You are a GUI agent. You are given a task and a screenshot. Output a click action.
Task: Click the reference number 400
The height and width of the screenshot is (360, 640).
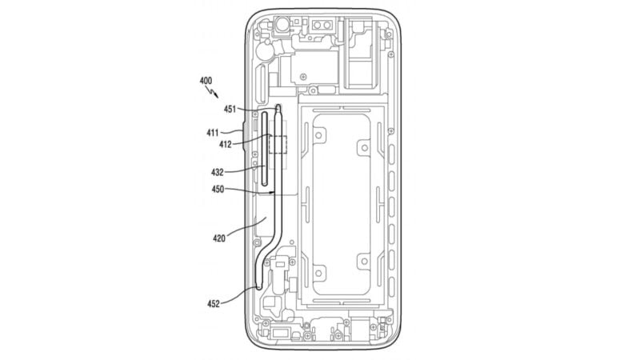click(206, 81)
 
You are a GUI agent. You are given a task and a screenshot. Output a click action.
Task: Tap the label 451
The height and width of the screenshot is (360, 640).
click(230, 109)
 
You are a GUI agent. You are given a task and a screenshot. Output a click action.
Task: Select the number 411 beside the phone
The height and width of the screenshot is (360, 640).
click(212, 133)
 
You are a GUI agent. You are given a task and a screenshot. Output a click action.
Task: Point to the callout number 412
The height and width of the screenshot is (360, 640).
click(225, 144)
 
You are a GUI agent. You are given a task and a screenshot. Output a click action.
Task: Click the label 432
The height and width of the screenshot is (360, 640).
click(217, 172)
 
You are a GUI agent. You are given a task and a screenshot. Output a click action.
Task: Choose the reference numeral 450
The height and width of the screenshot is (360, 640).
click(218, 189)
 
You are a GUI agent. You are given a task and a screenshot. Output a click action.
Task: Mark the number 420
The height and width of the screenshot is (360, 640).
click(218, 238)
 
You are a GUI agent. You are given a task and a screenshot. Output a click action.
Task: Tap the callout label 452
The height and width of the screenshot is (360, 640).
click(213, 304)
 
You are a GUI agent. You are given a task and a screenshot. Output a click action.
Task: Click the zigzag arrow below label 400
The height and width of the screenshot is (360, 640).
click(213, 92)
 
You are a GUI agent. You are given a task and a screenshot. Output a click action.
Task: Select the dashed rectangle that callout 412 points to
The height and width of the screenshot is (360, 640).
click(278, 145)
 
